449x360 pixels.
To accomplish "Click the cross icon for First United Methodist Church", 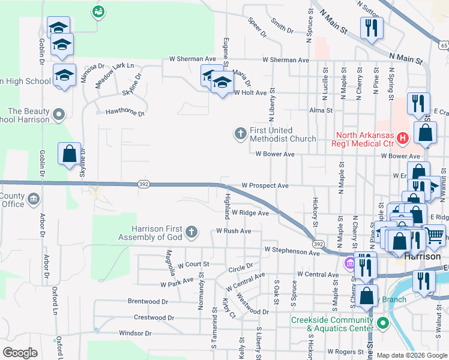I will click(241, 133).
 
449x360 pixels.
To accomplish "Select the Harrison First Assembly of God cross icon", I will click(191, 232).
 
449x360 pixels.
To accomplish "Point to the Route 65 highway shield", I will click(443, 45).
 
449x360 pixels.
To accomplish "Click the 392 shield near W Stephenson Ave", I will click(318, 244).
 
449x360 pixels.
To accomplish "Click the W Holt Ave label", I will click(250, 93).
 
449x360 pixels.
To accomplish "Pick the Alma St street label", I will click(321, 111).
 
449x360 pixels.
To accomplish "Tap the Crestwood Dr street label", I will click(154, 317).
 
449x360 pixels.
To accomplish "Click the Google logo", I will click(20, 352).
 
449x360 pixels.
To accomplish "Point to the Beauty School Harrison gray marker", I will click(58, 114).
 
